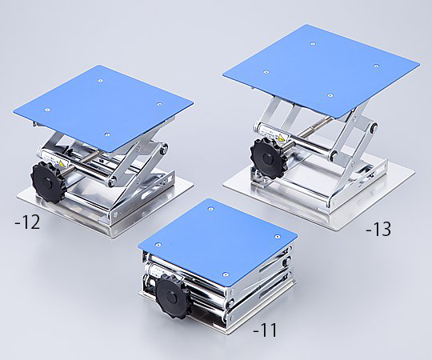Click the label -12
pos(27,222)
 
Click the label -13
pos(378,229)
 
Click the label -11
pos(265,330)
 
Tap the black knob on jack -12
pos(48,182)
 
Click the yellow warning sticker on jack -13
pos(281,138)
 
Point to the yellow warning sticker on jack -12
pos(62,164)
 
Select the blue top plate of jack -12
pos(103,108)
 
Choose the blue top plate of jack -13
pos(322,70)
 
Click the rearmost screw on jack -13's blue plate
pos(313,43)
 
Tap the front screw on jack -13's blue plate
pos(330,95)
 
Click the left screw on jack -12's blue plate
pos(48,110)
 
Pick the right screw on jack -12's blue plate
pos(159,104)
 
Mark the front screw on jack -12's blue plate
pos(107,134)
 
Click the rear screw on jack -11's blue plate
pos(210,209)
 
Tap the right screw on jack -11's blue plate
pos(277,236)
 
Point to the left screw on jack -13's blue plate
pos(266,72)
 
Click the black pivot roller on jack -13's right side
pos(374,127)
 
